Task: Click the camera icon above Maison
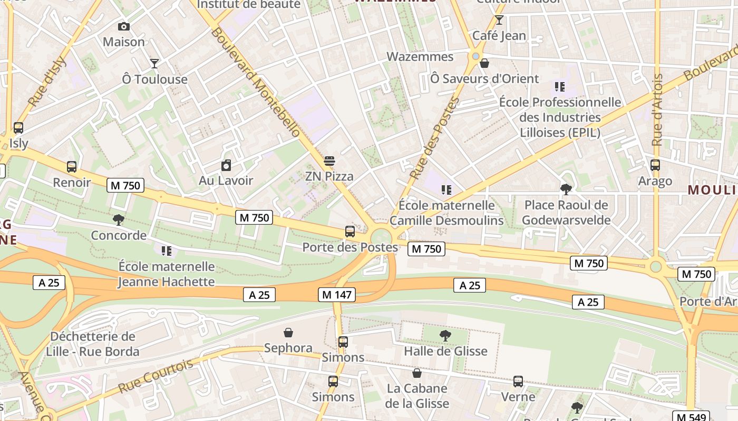coord(124,26)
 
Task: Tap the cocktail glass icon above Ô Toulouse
coord(154,64)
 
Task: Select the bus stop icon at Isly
coord(18,128)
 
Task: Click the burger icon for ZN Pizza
coord(329,161)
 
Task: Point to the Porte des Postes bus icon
coord(349,232)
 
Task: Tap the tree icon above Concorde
coord(119,219)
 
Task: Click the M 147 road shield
coord(337,295)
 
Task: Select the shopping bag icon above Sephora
coord(288,333)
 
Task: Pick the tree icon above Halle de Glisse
coord(445,335)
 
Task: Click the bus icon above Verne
coord(518,381)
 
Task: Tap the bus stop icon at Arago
coord(655,165)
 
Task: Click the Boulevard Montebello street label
coord(255,82)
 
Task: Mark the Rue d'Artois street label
coord(657,110)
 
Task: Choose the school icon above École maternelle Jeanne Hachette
coord(167,251)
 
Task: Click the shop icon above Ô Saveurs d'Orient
coord(484,64)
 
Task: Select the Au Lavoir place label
coord(226,181)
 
